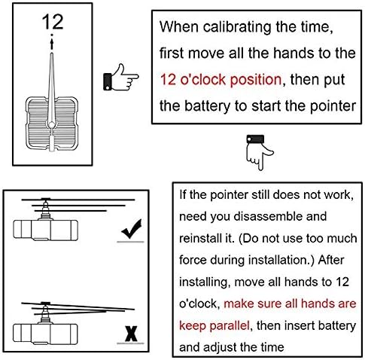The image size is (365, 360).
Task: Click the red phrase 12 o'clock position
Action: (x=220, y=78)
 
